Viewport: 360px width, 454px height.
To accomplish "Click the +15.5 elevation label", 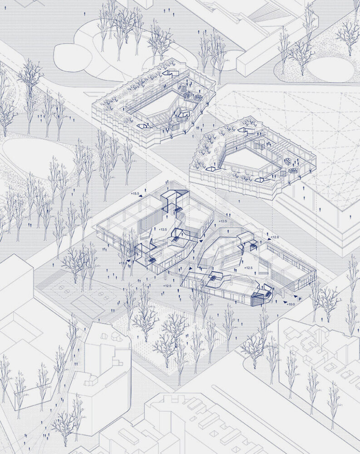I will point(135,194).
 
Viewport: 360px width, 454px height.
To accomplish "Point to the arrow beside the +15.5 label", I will point(144,196).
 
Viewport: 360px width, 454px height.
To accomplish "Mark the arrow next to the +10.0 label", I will point(284,301).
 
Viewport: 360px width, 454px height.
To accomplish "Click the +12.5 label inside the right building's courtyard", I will point(248,268).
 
